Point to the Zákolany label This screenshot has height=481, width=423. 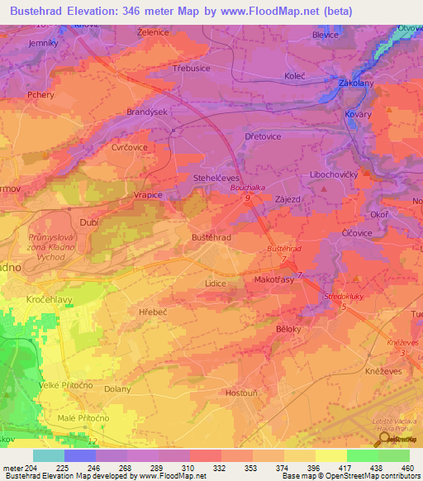coord(357,83)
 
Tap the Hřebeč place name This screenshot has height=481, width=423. coord(154,312)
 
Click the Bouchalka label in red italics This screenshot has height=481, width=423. coord(246,188)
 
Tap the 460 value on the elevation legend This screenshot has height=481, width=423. coord(407,469)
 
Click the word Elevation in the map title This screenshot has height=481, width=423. coord(101,12)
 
